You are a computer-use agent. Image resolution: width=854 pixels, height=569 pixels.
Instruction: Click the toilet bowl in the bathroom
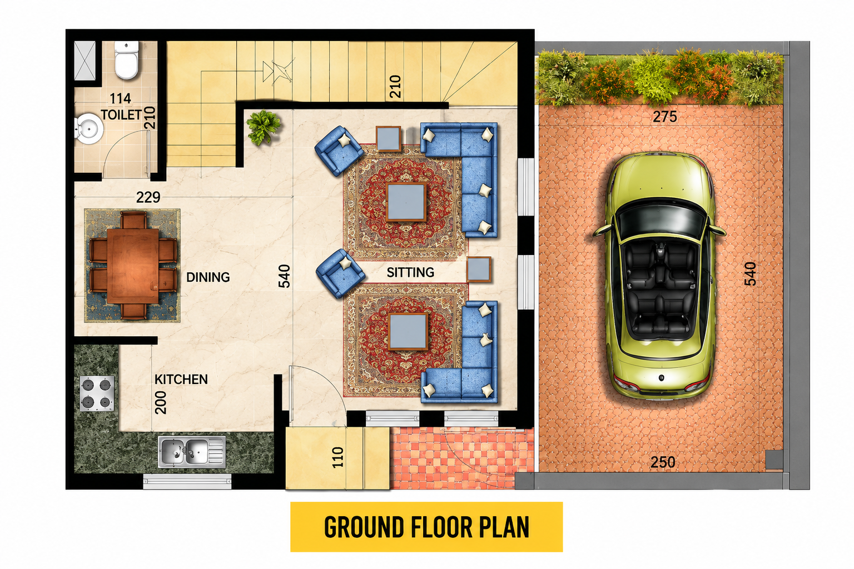click(127, 60)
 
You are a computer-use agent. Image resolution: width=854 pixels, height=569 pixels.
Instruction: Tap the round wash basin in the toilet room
click(89, 128)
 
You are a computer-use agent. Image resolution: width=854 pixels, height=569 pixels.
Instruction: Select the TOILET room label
click(121, 114)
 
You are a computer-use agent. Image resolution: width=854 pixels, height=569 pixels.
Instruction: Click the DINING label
click(208, 277)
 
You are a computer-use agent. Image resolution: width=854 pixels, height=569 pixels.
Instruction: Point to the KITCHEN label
click(181, 379)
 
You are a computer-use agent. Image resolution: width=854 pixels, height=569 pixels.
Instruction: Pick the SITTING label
click(411, 272)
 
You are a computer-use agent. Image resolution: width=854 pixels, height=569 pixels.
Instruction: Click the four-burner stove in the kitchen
click(97, 393)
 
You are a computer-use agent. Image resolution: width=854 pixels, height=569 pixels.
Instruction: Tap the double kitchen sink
click(192, 452)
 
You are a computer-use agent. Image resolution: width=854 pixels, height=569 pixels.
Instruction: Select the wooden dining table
click(133, 266)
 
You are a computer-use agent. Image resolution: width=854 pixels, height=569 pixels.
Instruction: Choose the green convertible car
click(659, 275)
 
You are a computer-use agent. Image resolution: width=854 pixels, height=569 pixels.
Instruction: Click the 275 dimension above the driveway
click(665, 117)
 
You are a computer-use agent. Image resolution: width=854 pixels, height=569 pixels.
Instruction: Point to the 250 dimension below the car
click(663, 462)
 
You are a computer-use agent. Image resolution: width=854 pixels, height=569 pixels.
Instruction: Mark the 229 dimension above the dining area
click(148, 197)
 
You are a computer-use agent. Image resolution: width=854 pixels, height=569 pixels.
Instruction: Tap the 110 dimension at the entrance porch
click(338, 457)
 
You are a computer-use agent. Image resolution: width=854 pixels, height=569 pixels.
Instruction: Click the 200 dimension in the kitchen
click(161, 402)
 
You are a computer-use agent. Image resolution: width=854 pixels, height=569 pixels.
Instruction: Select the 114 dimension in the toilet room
click(121, 98)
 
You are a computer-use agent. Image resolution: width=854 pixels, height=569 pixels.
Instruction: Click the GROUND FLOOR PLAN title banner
click(426, 527)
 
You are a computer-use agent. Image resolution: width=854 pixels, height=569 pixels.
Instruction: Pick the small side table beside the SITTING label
click(479, 269)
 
